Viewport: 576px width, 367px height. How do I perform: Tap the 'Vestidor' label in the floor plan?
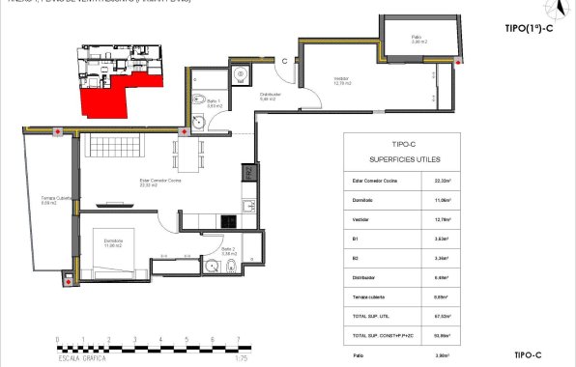pyautogui.click(x=342, y=80)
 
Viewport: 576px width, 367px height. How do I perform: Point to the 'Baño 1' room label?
pyautogui.click(x=215, y=103)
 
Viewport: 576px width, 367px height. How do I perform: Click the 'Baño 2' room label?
pyautogui.click(x=229, y=250)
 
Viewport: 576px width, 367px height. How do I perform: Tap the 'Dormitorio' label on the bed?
pyautogui.click(x=114, y=242)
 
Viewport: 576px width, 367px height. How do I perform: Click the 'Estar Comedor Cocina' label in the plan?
pyautogui.click(x=148, y=182)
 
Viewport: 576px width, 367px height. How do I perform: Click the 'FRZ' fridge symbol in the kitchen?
pyautogui.click(x=247, y=174)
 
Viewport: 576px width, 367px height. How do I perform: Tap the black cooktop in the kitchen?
pyautogui.click(x=230, y=220)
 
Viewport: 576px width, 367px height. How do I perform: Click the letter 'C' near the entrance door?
pyautogui.click(x=286, y=61)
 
